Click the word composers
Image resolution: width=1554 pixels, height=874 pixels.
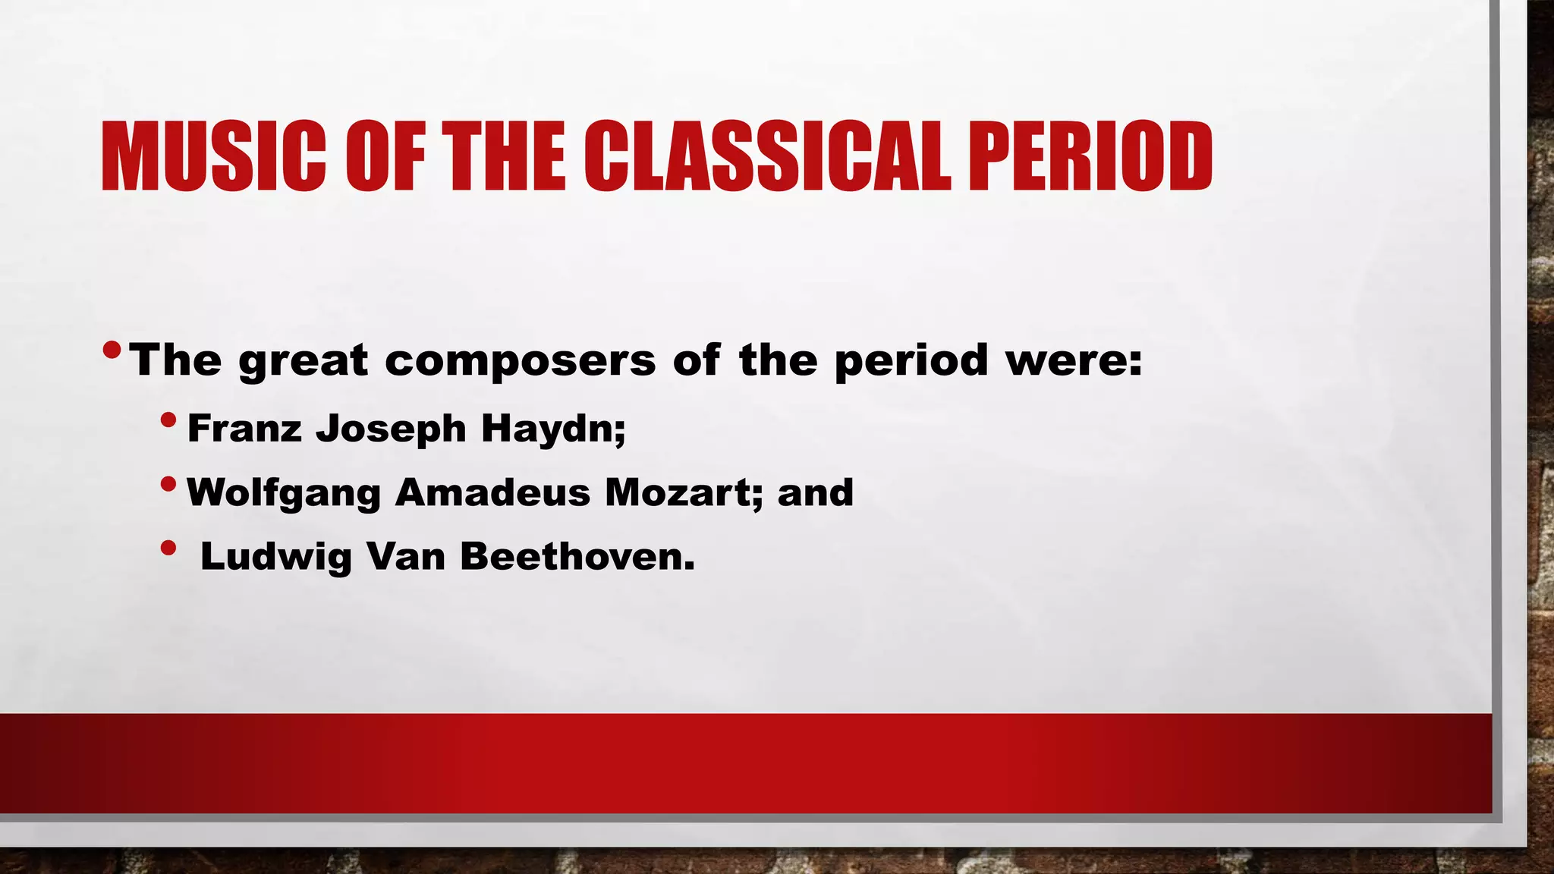(x=520, y=360)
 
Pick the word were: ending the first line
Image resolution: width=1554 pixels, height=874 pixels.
(x=1074, y=360)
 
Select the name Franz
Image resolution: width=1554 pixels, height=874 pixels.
(x=244, y=428)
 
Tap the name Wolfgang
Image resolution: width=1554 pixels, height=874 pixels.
(x=283, y=493)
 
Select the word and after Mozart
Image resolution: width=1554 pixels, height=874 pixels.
(x=816, y=492)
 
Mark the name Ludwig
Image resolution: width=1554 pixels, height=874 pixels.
(x=276, y=558)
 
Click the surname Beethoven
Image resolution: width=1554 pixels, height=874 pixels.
(x=577, y=556)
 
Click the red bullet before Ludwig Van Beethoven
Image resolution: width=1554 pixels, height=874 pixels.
(x=169, y=548)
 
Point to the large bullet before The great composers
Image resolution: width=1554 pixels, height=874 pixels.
(x=112, y=350)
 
